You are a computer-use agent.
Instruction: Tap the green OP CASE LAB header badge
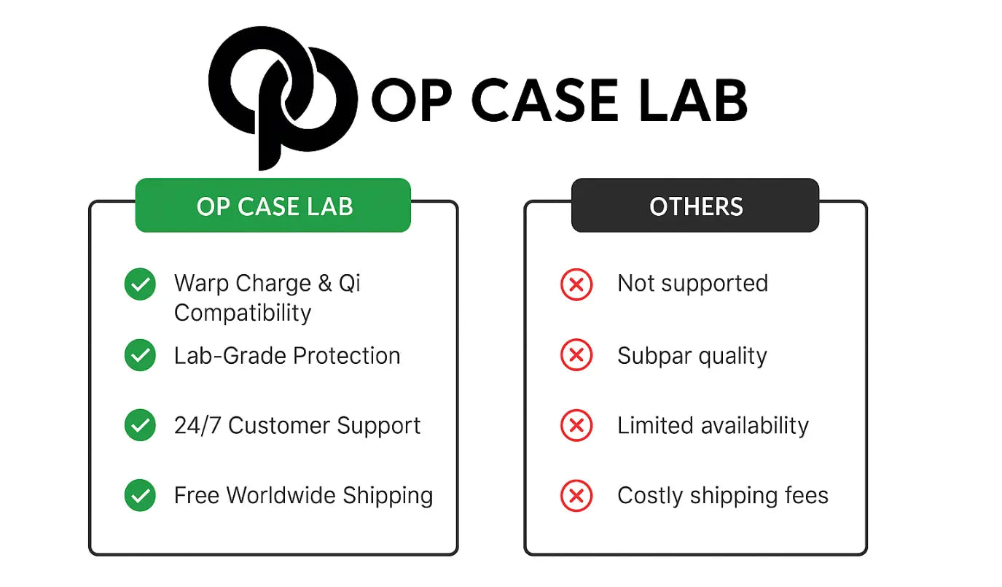point(273,205)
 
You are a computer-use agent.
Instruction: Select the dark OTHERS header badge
point(695,205)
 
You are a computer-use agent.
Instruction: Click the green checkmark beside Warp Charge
point(140,284)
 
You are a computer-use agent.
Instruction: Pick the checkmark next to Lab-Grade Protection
point(140,355)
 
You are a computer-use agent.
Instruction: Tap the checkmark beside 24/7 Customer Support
point(140,425)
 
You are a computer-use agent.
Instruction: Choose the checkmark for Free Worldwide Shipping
point(140,495)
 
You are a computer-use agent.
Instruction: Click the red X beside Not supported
point(576,284)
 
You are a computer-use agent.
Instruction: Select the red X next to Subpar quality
point(576,355)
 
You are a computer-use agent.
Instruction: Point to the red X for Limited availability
point(576,425)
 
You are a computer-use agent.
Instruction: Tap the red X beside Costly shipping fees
point(576,496)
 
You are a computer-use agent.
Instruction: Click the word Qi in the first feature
point(349,284)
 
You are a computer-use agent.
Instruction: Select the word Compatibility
point(243,314)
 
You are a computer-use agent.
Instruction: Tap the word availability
point(755,426)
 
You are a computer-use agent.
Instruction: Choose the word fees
point(807,495)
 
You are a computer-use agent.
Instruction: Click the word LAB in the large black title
point(692,101)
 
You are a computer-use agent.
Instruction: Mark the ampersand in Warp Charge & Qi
point(325,284)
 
